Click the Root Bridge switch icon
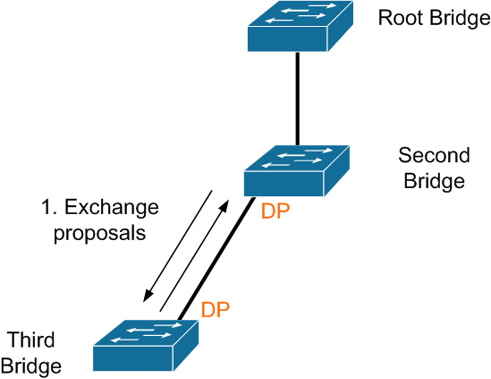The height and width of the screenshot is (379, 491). (x=301, y=26)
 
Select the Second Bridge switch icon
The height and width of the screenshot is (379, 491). (x=297, y=170)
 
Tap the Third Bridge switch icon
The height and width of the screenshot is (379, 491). (x=146, y=346)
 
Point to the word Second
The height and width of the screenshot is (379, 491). (x=434, y=155)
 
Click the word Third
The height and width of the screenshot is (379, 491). (x=30, y=340)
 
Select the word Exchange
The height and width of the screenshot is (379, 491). (x=112, y=207)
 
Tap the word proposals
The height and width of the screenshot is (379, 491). (x=99, y=234)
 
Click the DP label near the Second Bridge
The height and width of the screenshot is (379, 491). (x=275, y=211)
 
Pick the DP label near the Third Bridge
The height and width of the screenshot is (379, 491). (x=216, y=309)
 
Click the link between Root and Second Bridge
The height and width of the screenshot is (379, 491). (x=298, y=99)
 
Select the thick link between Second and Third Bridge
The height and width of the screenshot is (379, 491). (x=216, y=259)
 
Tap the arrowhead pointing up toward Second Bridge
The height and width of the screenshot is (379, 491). (x=224, y=206)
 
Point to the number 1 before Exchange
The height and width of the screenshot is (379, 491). (x=47, y=208)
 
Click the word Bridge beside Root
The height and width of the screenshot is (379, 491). (x=460, y=18)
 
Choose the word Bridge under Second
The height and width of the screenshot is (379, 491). (x=434, y=181)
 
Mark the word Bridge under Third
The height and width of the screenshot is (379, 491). (x=30, y=366)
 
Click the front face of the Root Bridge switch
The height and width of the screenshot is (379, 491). (x=287, y=39)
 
